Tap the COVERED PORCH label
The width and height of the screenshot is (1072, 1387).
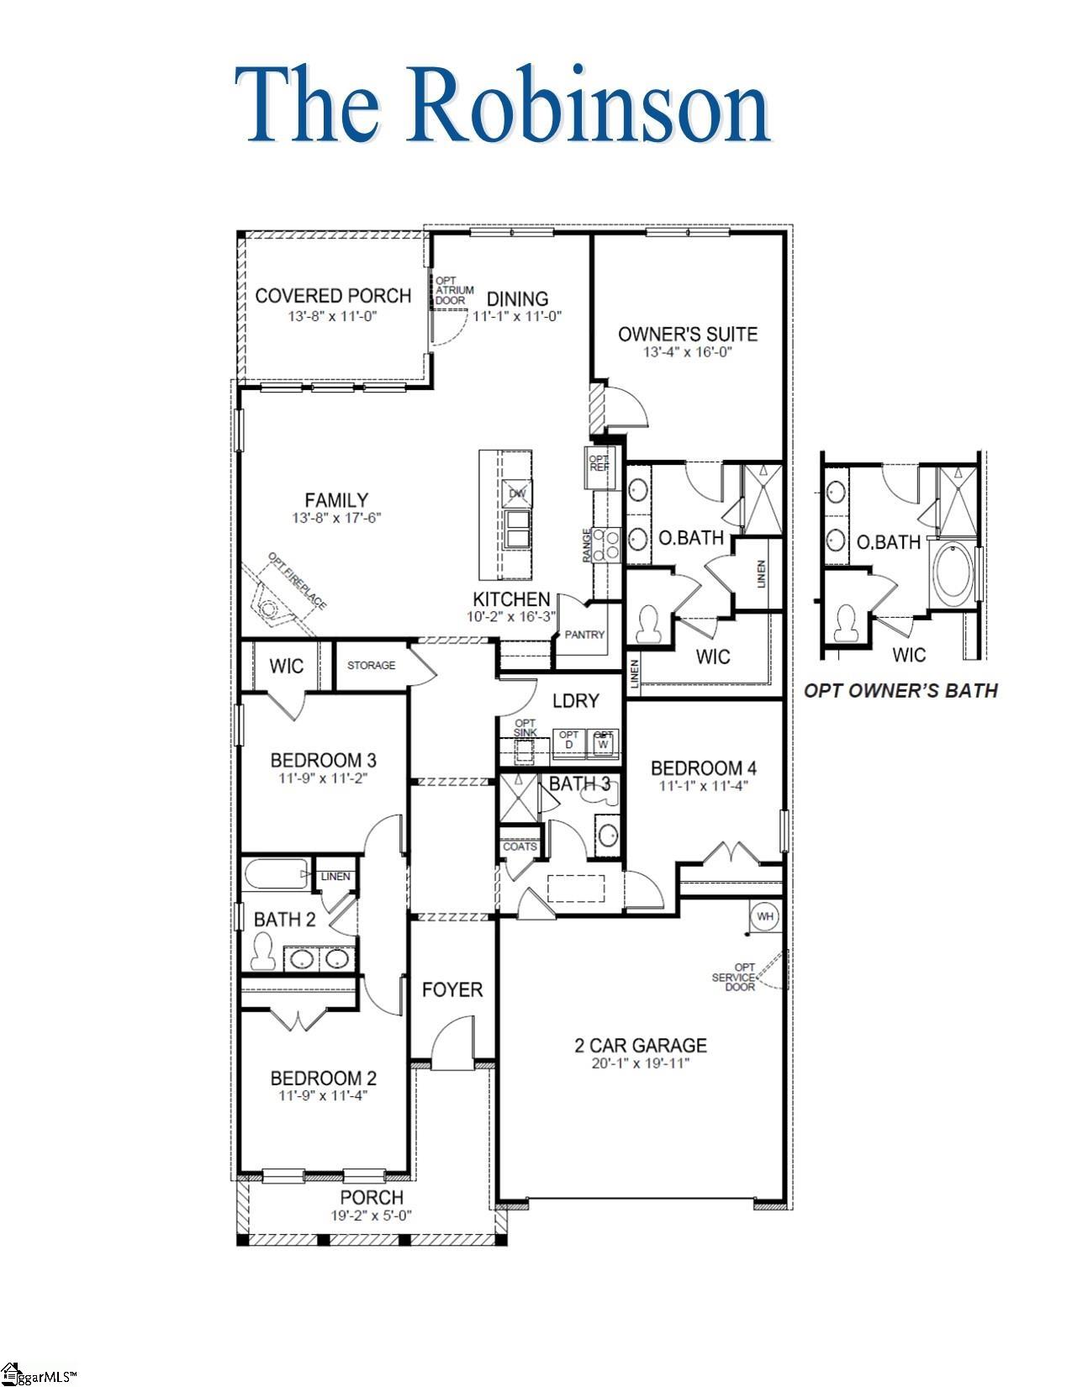click(333, 296)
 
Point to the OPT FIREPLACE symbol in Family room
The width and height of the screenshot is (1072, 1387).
click(271, 608)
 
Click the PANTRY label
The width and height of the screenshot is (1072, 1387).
click(584, 635)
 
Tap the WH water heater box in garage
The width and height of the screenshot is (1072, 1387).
click(764, 916)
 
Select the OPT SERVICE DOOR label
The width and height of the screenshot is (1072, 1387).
click(733, 977)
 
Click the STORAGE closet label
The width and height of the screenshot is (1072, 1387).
click(371, 665)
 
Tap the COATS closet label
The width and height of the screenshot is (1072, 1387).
click(520, 846)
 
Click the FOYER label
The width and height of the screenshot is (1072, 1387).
click(452, 989)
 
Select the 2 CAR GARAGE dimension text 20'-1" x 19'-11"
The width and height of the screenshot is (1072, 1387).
click(640, 1064)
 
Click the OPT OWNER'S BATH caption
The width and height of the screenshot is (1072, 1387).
click(901, 691)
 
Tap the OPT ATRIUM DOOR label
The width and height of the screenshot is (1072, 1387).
click(446, 291)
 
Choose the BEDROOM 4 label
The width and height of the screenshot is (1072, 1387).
click(704, 767)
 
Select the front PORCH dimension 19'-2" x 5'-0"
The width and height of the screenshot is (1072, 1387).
click(371, 1215)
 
